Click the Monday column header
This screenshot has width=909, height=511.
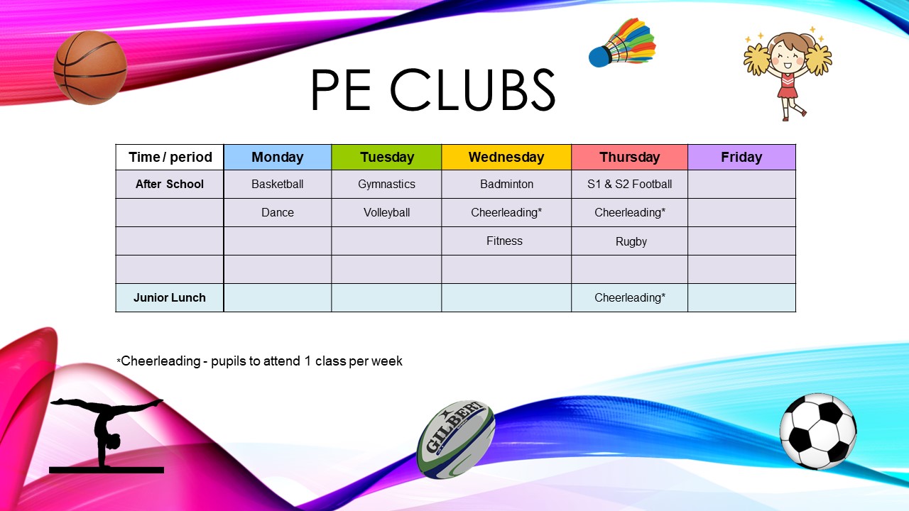click(x=278, y=157)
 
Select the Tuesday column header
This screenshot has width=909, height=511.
click(x=386, y=157)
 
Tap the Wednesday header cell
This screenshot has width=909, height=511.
click(x=506, y=157)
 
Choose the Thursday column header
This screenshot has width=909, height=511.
click(x=629, y=157)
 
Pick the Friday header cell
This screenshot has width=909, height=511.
click(x=742, y=157)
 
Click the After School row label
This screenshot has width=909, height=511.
click(x=170, y=184)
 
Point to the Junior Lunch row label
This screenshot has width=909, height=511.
click(x=170, y=297)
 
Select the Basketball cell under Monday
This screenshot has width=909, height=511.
click(x=278, y=184)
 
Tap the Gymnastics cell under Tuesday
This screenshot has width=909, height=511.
click(x=386, y=184)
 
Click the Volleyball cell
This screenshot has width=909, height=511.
click(x=386, y=212)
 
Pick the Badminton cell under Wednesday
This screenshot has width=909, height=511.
click(x=506, y=184)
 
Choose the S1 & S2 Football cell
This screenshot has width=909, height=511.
click(x=629, y=184)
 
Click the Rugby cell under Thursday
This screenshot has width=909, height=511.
click(x=629, y=241)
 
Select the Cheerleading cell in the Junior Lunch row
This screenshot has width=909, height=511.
click(x=629, y=297)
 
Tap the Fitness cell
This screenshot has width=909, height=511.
click(x=506, y=241)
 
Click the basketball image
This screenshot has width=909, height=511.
click(x=90, y=67)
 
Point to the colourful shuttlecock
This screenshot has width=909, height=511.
click(x=623, y=43)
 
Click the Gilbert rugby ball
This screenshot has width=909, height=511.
click(x=456, y=439)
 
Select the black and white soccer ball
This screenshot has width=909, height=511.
click(x=818, y=431)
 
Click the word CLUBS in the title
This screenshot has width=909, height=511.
click(x=473, y=89)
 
